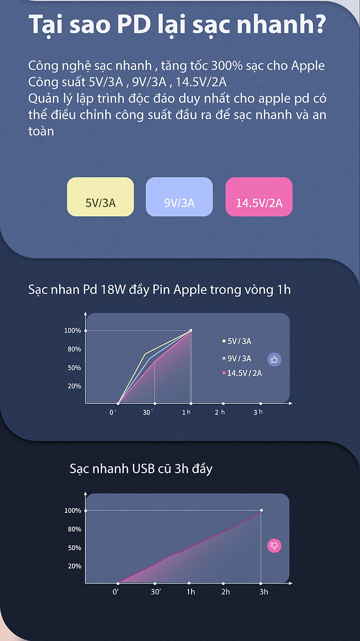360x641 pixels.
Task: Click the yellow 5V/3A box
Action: pos(100,197)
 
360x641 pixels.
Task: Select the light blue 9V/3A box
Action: pos(180,197)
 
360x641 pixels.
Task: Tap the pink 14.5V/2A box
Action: pos(259,197)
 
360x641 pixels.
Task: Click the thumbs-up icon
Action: pos(275,359)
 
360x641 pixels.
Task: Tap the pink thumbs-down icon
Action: pos(275,546)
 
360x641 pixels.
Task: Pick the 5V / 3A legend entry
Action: pos(237,341)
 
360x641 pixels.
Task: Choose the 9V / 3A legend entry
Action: pos(237,358)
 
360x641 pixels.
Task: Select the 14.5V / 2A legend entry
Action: pos(242,373)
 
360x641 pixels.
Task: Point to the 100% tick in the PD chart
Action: pos(73,331)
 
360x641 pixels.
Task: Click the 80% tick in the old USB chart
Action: pos(74,529)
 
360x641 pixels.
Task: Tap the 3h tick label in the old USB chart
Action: pos(264,592)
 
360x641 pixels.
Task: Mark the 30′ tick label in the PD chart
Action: pos(148,412)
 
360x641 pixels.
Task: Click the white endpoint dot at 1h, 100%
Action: pos(191,330)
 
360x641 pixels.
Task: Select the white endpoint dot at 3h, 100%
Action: pos(262,510)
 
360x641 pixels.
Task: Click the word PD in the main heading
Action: pos(134,24)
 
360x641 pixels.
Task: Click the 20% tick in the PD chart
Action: pos(74,386)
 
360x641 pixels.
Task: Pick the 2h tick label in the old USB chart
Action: pos(226,592)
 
